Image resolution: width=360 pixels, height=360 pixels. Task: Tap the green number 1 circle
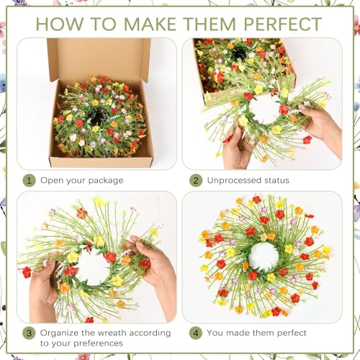click(x=29, y=180)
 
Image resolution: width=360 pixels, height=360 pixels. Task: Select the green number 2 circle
click(x=195, y=180)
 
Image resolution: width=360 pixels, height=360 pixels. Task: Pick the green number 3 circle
click(x=29, y=333)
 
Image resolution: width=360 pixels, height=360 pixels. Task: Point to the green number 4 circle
click(x=195, y=333)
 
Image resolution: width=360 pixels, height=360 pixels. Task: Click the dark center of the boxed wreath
click(x=98, y=117)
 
